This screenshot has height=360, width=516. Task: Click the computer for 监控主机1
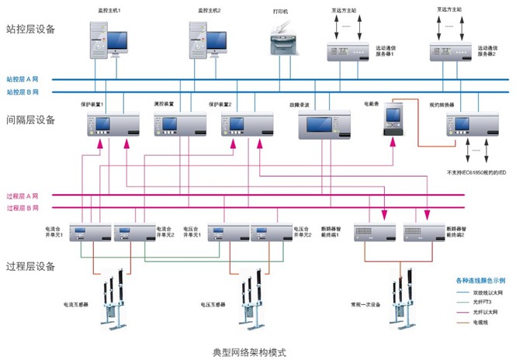point(106,39)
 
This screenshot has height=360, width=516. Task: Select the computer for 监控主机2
point(207,39)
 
